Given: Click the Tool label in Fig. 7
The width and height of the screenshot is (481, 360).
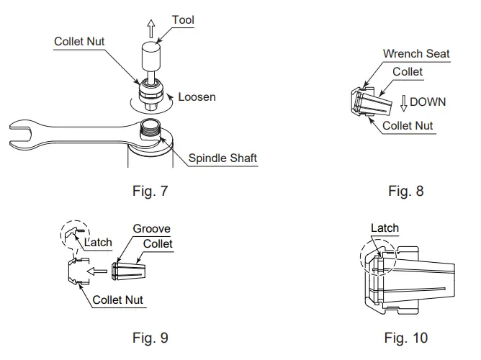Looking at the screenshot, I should [x=183, y=19].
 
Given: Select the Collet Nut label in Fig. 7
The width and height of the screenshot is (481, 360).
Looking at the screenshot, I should [x=79, y=42].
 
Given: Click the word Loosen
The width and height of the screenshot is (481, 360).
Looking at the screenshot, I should [x=196, y=96].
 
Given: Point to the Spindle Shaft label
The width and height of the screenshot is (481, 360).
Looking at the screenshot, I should [x=222, y=158].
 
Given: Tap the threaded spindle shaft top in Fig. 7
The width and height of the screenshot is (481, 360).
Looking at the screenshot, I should [x=150, y=129].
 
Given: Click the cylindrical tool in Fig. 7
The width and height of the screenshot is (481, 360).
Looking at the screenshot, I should [x=150, y=54].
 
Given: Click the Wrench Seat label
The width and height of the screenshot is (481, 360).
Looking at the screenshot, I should [x=416, y=54].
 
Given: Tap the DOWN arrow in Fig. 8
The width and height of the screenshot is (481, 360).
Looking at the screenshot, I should [x=404, y=102].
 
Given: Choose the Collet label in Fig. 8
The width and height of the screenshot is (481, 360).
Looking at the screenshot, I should [x=408, y=72].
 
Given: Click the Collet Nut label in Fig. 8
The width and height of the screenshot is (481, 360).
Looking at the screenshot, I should [x=407, y=125].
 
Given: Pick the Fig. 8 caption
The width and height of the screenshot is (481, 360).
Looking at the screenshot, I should [x=405, y=192].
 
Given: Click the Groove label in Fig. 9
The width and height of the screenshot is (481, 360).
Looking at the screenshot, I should [x=151, y=230].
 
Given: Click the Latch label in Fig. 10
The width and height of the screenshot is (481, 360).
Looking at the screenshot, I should [x=385, y=228].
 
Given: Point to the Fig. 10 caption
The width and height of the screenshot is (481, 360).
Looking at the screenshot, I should [x=405, y=337].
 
